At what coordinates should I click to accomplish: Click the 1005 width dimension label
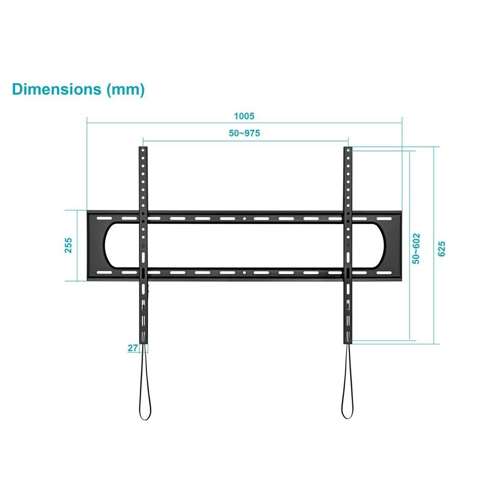[x=244, y=116]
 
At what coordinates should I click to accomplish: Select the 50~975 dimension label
[x=244, y=133]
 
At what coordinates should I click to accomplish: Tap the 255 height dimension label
[x=68, y=245]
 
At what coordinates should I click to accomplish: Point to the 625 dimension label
[x=441, y=249]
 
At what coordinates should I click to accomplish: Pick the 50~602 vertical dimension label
[x=416, y=249]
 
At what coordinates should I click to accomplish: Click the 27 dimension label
[x=132, y=348]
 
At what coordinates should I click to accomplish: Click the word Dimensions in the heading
[x=57, y=89]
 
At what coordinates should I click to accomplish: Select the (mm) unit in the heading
[x=126, y=90]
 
